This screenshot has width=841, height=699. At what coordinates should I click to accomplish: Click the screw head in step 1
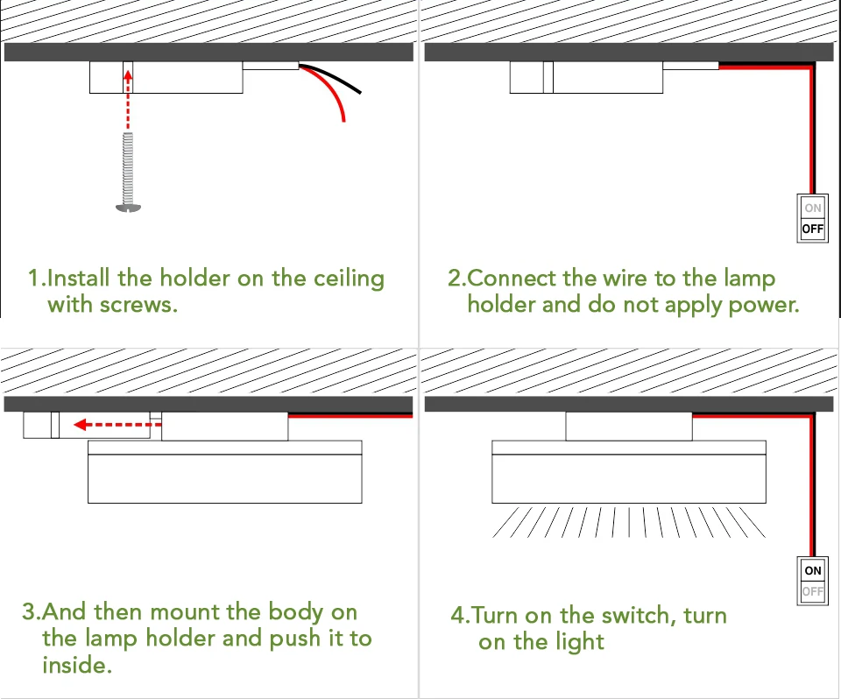[128, 207]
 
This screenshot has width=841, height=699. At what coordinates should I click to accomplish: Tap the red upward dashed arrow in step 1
[128, 96]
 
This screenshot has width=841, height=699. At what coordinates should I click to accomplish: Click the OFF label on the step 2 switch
[813, 229]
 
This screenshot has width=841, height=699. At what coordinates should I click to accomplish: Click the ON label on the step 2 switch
[813, 208]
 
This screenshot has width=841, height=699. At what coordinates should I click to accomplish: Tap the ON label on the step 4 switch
[813, 570]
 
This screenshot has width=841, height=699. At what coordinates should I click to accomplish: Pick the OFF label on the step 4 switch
[813, 592]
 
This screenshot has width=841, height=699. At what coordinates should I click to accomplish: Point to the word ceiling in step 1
[349, 279]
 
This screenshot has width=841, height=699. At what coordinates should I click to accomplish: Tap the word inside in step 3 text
[77, 665]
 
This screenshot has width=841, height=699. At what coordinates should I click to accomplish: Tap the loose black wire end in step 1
[360, 91]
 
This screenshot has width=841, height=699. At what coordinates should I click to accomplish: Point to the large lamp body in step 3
[224, 478]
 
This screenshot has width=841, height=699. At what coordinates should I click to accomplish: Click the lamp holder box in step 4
[628, 427]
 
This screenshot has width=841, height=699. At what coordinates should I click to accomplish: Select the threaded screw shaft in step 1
[128, 166]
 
